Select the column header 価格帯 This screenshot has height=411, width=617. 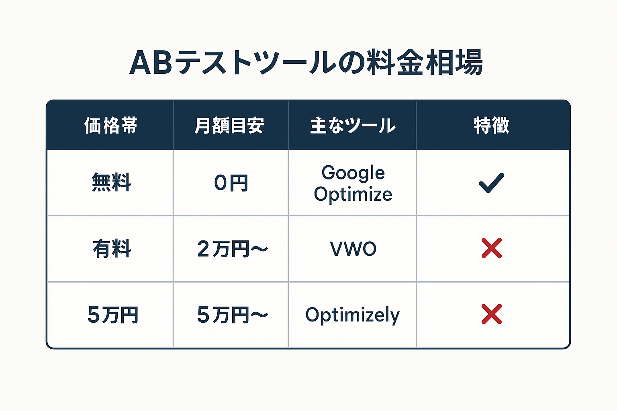[111, 126]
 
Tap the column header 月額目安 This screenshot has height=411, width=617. [229, 126]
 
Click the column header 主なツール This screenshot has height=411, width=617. [353, 126]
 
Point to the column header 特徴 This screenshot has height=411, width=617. [492, 126]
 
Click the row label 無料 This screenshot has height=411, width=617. [112, 183]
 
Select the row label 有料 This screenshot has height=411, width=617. [112, 249]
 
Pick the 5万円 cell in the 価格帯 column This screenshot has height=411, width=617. [112, 315]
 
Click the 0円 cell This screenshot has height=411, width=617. [231, 183]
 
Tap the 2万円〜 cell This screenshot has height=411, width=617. [232, 249]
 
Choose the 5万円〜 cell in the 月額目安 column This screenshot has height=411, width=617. [232, 315]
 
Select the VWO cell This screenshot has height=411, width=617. [353, 249]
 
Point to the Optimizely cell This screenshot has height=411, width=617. [352, 315]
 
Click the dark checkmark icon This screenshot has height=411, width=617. [491, 183]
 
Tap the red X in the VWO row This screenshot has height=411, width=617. [492, 248]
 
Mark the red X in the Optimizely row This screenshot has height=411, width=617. [492, 314]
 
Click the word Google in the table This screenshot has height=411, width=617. [353, 173]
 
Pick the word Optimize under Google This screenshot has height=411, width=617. [353, 194]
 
